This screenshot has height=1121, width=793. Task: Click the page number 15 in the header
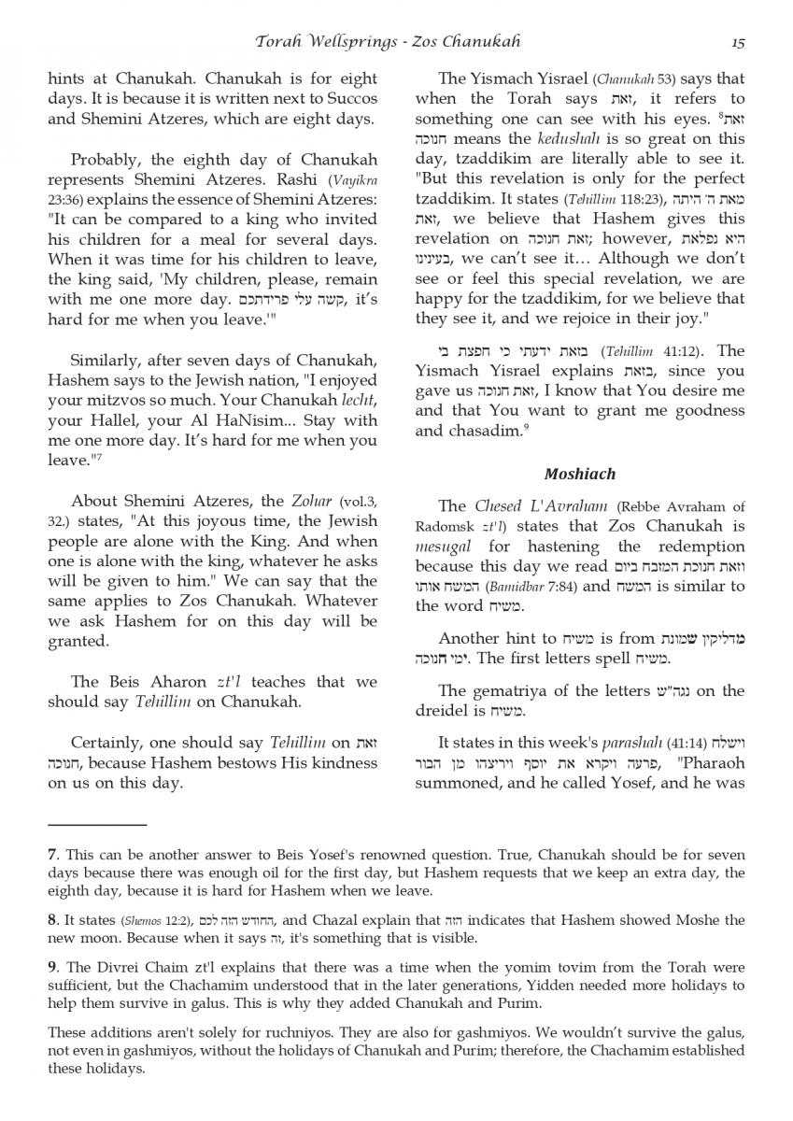[738, 41]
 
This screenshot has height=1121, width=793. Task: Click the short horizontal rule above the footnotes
[97, 825]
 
